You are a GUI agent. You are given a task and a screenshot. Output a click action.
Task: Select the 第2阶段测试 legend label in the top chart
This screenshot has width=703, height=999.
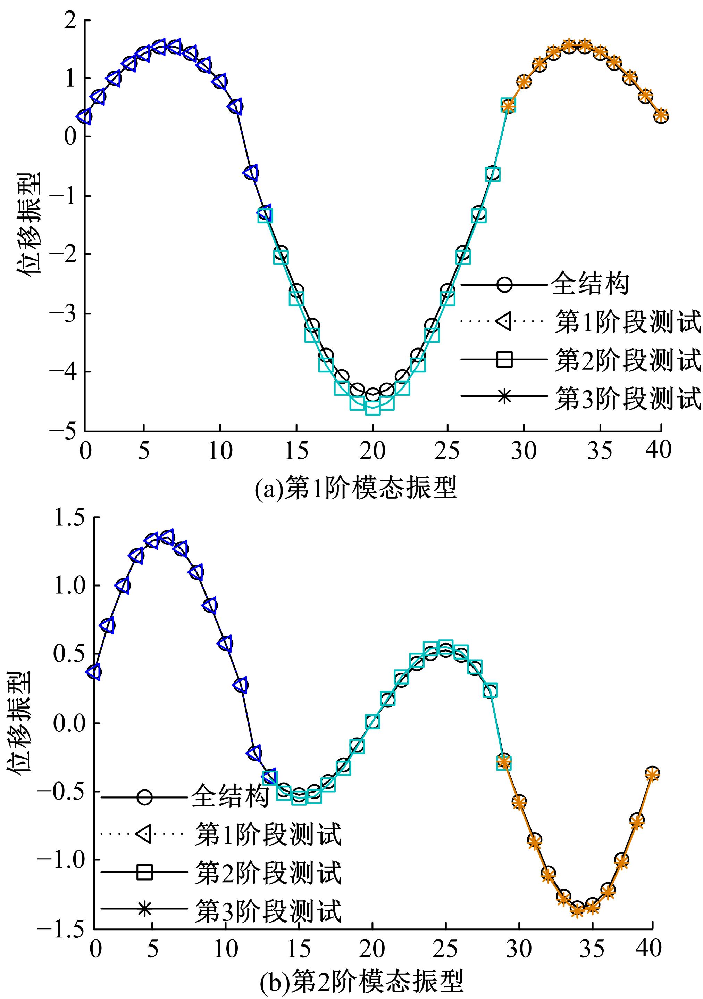pyautogui.click(x=627, y=360)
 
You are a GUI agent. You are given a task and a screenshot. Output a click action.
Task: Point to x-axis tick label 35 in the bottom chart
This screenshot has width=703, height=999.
pyautogui.click(x=592, y=949)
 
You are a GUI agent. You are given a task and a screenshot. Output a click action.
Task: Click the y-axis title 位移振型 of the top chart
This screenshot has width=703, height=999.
pyautogui.click(x=30, y=223)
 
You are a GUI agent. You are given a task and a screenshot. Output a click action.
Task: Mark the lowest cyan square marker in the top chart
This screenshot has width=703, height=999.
pyautogui.click(x=373, y=408)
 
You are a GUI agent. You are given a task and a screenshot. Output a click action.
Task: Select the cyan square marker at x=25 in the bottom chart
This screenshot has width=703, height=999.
pyautogui.click(x=446, y=648)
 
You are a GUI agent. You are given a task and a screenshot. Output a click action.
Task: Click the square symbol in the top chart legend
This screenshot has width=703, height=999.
pyautogui.click(x=504, y=360)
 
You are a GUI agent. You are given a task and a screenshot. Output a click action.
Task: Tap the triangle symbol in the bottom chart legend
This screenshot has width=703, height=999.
pyautogui.click(x=143, y=834)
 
